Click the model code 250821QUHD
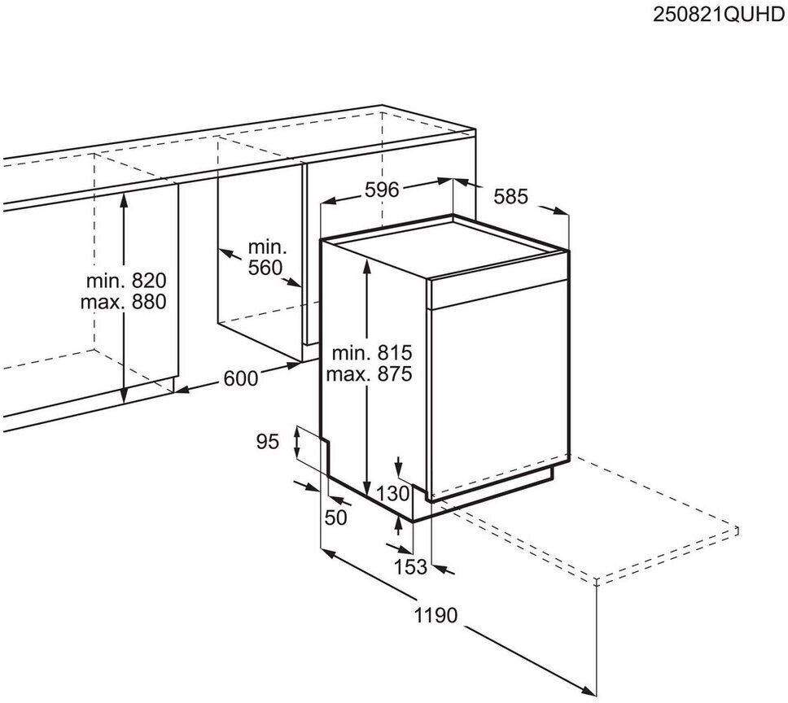click(720, 15)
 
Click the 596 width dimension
click(381, 190)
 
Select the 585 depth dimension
click(511, 196)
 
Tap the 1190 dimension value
click(436, 616)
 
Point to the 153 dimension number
click(410, 567)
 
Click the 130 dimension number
click(393, 492)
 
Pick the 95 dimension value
click(268, 442)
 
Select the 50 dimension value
click(336, 517)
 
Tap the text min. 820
click(126, 282)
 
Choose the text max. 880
click(123, 303)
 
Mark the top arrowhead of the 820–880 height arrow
click(123, 196)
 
